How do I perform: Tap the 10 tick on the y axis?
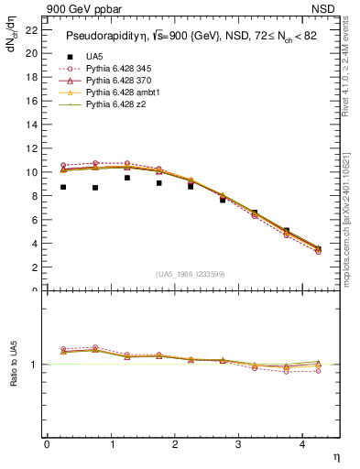pyautogui.click(x=31, y=172)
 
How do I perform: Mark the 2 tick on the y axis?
pyautogui.click(x=34, y=267)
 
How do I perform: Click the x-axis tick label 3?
pyautogui.click(x=238, y=444)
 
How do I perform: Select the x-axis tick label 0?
pyautogui.click(x=47, y=444)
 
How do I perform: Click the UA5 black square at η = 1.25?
pyautogui.click(x=126, y=178)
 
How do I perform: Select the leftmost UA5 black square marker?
pyautogui.click(x=63, y=187)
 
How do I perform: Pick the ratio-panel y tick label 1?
pyautogui.click(x=35, y=365)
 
